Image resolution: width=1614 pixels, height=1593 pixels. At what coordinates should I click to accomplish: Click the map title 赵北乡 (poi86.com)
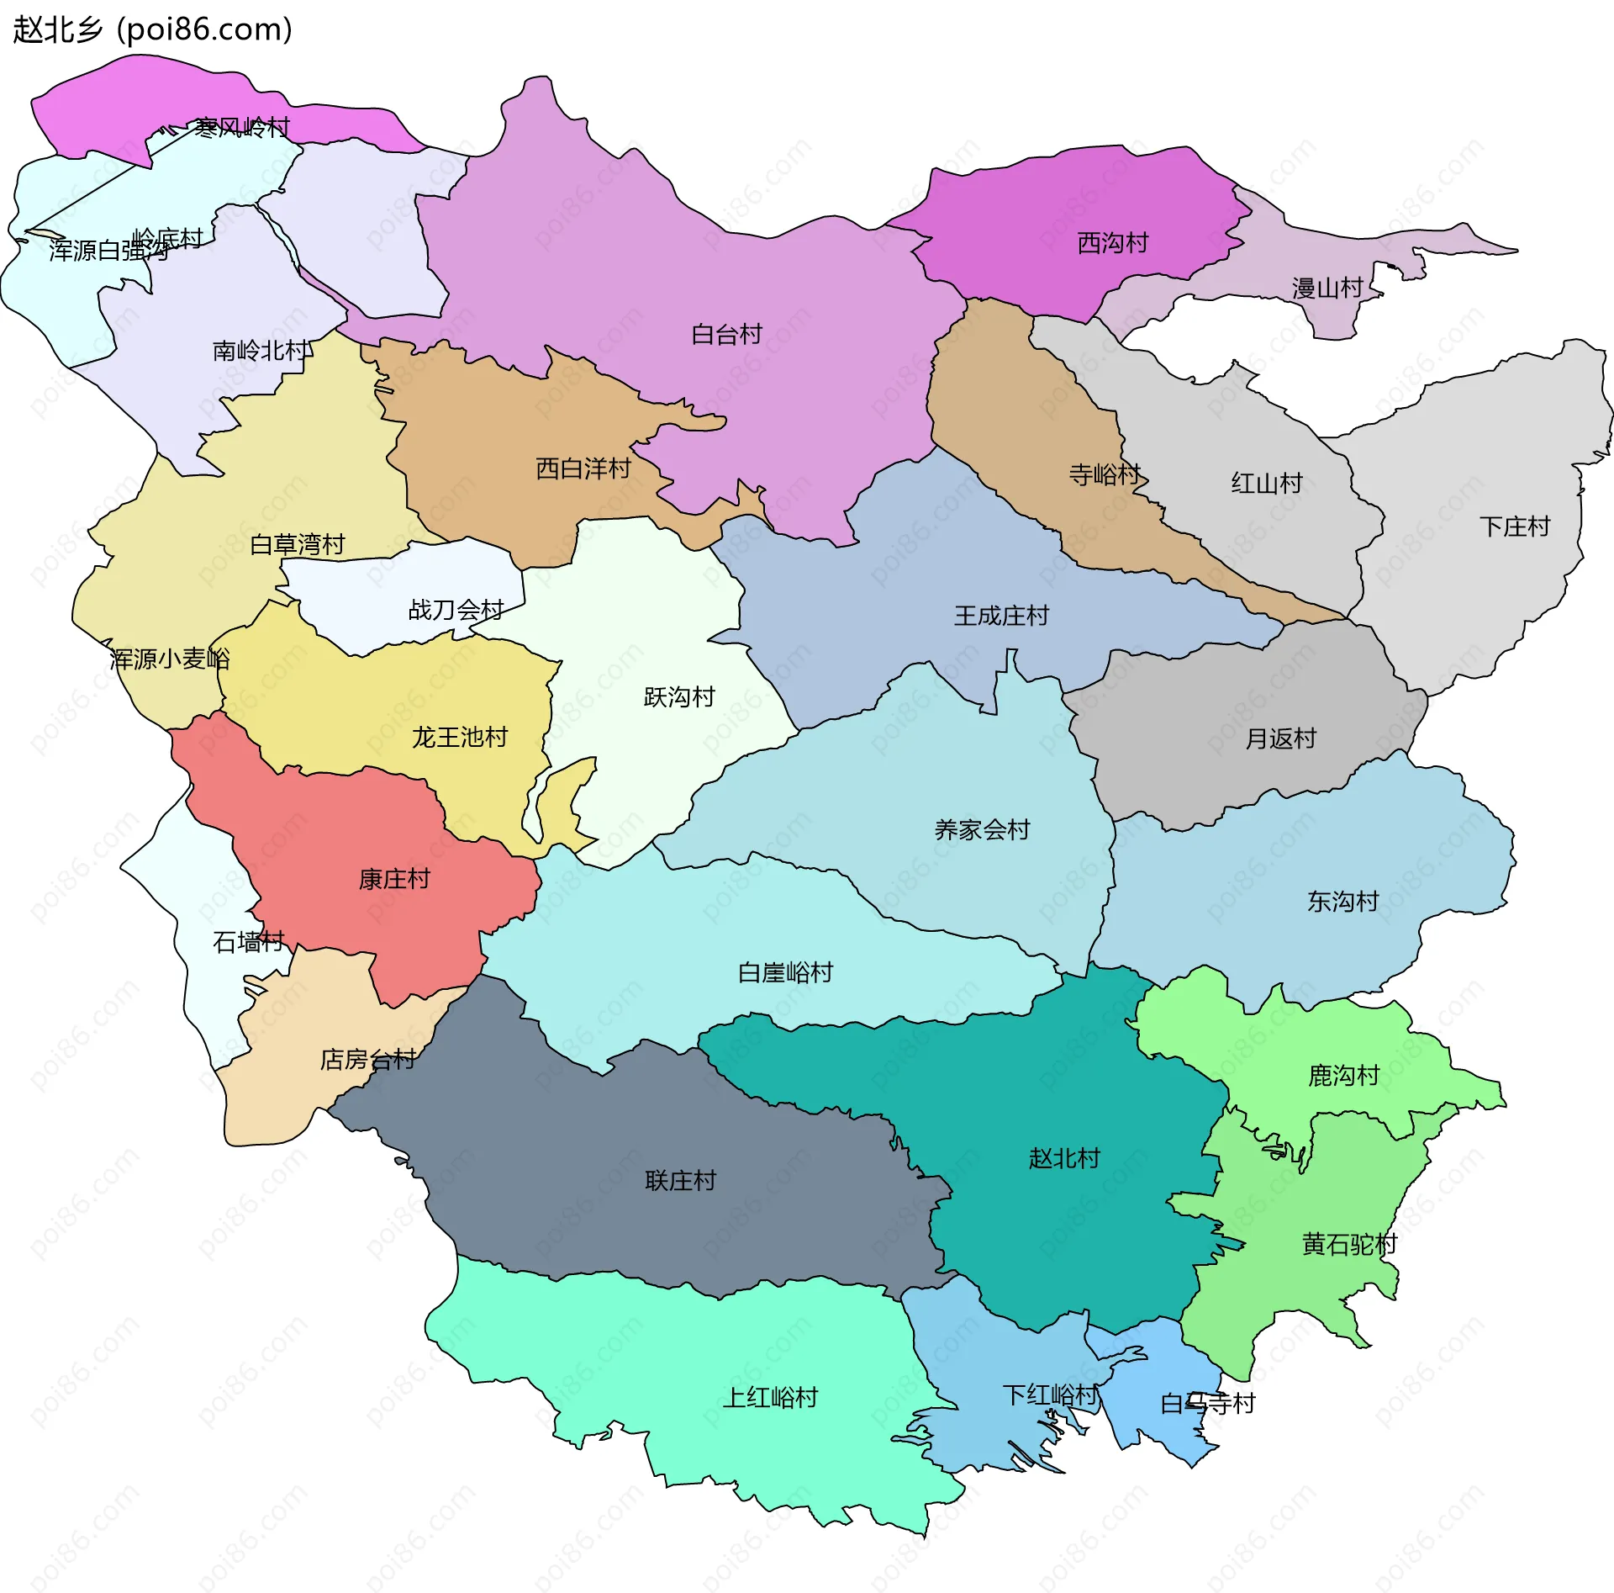pos(153,29)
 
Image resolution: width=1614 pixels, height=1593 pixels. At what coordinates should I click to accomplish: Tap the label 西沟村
pos(1112,243)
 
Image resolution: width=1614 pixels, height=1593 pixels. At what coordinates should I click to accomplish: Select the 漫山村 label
pos(1327,288)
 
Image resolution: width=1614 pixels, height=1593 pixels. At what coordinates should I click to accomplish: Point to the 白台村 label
pos(726,335)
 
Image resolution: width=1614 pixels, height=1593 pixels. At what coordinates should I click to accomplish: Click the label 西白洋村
pos(583,468)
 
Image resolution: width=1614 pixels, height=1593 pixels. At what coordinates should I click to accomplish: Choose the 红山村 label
pos(1266,483)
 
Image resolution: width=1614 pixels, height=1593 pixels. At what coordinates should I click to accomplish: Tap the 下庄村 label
pos(1514,527)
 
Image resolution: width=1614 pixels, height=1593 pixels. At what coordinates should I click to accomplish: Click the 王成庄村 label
pos(1001,616)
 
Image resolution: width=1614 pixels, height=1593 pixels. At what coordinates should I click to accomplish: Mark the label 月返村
pos(1279,738)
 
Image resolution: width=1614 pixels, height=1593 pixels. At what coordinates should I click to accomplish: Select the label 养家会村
pos(982,830)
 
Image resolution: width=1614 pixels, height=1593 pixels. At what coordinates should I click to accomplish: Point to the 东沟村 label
pos(1342,902)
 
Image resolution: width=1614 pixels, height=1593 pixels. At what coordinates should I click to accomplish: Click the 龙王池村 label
pos(460,738)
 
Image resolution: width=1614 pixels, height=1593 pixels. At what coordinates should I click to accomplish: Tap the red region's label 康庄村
pos(393,879)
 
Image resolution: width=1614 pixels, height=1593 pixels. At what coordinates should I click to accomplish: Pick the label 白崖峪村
pos(785,973)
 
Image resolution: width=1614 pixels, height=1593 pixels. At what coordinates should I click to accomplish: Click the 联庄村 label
pos(680,1181)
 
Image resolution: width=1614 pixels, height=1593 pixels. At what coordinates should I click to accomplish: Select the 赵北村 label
pos(1064,1158)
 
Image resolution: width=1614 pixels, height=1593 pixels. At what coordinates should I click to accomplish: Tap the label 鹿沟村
pos(1343,1075)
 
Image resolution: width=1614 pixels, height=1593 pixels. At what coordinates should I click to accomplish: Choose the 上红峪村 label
pos(770,1398)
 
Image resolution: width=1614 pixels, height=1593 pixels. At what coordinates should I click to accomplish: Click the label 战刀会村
pos(456,610)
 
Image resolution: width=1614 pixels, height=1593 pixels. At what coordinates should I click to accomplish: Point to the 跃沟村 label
pos(678,697)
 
